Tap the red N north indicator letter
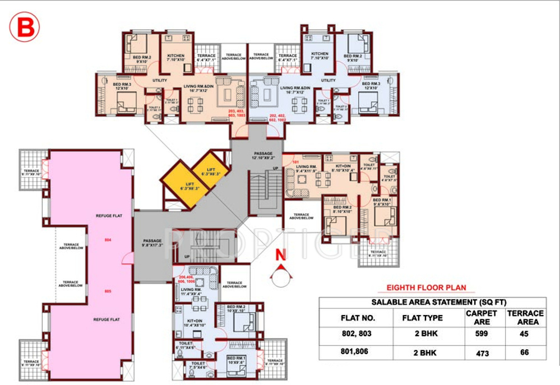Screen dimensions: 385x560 (281, 255)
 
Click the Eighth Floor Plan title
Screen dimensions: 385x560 (426, 288)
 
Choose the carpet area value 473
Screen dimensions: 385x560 (482, 353)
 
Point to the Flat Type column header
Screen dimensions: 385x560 (422, 318)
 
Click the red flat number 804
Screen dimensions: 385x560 (109, 240)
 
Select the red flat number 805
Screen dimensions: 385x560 (109, 291)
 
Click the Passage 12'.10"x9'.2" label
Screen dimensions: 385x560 (263, 155)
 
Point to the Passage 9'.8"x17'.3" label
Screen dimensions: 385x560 (152, 243)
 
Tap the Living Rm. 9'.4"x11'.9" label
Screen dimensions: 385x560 (307, 169)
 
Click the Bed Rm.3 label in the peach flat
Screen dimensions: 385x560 (123, 86)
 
